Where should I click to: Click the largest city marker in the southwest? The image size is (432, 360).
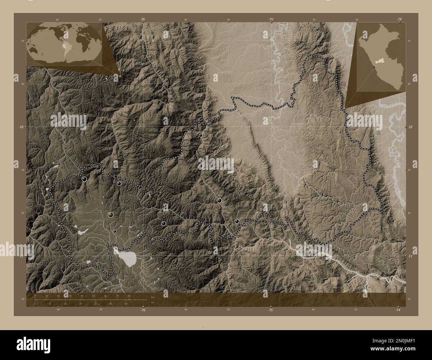pos(110,215)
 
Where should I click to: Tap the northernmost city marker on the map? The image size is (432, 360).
pos(200,135)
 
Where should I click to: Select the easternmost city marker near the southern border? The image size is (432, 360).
pos(237,221)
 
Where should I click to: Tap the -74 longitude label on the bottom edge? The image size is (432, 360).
pos(398,310)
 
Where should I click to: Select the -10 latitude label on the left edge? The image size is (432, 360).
pos(19,127)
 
